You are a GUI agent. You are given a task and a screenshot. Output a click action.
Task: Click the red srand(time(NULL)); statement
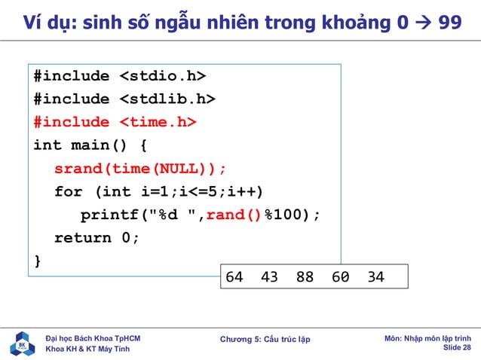pyautogui.click(x=140, y=168)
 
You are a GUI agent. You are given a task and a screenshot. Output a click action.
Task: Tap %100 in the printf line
pyautogui.click(x=282, y=215)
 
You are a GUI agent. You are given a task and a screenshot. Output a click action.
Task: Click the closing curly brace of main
pyautogui.click(x=38, y=261)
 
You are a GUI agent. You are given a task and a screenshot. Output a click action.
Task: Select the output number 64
pyautogui.click(x=234, y=277)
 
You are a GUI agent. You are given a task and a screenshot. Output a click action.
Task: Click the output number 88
pyautogui.click(x=305, y=277)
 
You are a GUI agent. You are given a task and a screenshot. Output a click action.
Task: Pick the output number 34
pyautogui.click(x=375, y=277)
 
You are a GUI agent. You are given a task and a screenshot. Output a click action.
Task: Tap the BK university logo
pyautogui.click(x=22, y=343)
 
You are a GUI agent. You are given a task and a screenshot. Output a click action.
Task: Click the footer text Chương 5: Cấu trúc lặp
pyautogui.click(x=265, y=340)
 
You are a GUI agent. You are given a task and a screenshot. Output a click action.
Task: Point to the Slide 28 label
pyautogui.click(x=456, y=348)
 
